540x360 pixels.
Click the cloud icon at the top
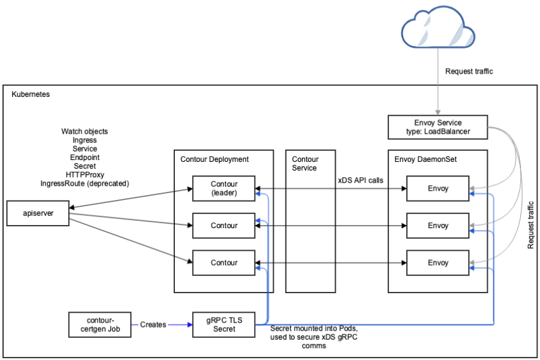(x=438, y=29)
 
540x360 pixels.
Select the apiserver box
(x=37, y=213)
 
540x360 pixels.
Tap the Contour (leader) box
(x=223, y=188)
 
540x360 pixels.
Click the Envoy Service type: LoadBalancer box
(x=438, y=127)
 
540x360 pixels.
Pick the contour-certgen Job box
(x=99, y=324)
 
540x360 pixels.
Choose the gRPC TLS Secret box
(x=223, y=324)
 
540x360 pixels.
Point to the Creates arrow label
(x=153, y=324)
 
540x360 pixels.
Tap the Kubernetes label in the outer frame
(x=31, y=95)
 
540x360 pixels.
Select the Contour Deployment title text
(x=214, y=159)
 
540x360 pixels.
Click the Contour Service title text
(x=305, y=164)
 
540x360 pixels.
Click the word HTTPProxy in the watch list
(x=85, y=175)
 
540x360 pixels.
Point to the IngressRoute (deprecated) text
(x=85, y=183)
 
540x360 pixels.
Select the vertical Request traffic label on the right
(x=531, y=224)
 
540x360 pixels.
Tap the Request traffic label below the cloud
(x=469, y=72)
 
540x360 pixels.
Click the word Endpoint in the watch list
(x=85, y=158)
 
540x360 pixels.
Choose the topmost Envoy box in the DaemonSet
(x=438, y=189)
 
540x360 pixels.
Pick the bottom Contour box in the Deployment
(x=223, y=262)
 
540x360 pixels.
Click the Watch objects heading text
(x=85, y=132)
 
